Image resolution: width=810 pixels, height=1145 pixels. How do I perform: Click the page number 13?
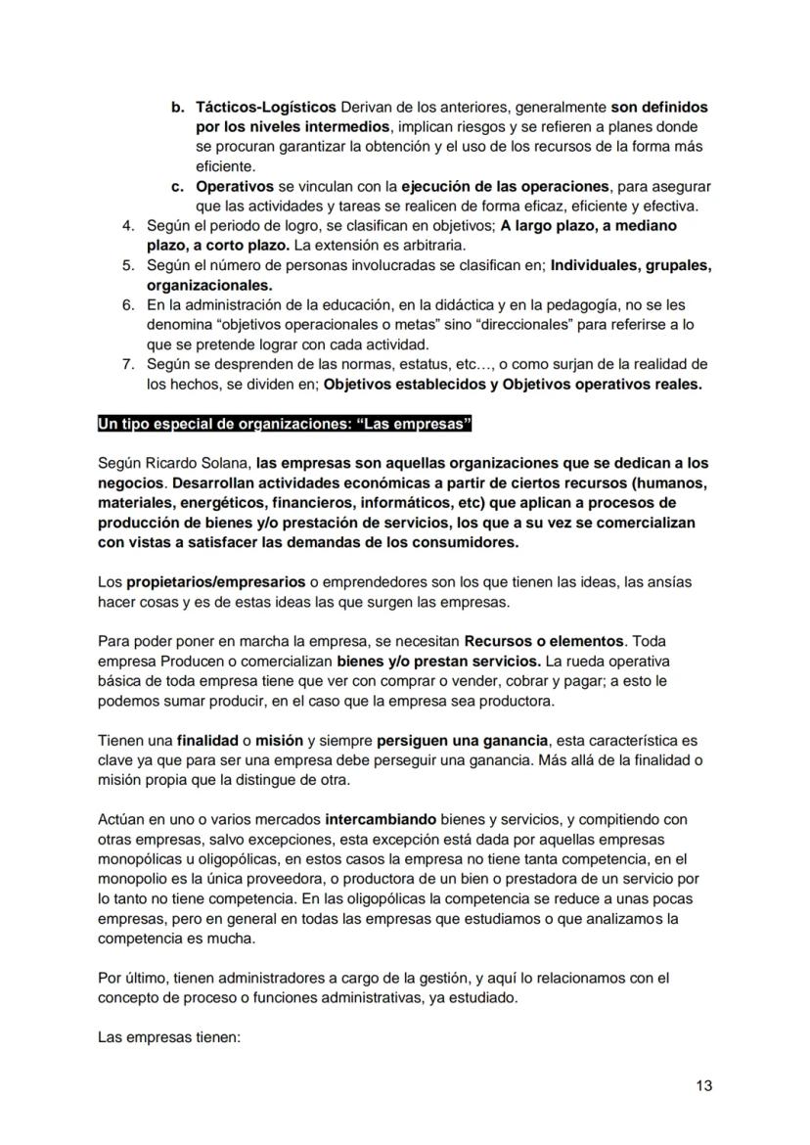(704, 1084)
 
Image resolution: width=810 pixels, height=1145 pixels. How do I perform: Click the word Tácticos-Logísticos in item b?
(265, 107)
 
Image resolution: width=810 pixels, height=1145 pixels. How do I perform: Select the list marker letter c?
(177, 185)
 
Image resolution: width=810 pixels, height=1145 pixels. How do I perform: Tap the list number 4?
(128, 225)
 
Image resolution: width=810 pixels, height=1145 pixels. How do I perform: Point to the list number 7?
(128, 364)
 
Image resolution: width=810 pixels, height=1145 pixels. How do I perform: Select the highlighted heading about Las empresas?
(285, 423)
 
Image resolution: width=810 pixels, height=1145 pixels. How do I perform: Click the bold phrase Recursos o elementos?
(543, 641)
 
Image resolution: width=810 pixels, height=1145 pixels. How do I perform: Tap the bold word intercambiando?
(386, 819)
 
